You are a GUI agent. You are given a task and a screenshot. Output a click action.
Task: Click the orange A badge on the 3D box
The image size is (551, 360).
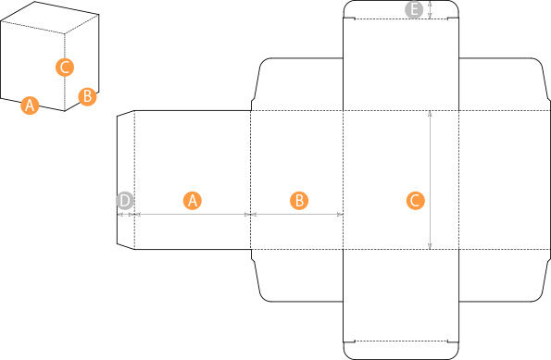coord(30,105)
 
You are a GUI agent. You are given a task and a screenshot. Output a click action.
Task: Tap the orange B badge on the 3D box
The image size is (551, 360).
coord(87,96)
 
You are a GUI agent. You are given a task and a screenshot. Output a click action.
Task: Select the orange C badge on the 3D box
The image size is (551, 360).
coord(65,67)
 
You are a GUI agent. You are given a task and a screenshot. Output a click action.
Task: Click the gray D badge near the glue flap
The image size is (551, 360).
coord(125,201)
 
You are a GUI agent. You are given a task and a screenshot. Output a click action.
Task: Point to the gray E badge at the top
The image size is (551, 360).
coord(414,9)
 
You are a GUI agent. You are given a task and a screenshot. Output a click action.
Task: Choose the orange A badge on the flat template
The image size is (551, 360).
coord(193,201)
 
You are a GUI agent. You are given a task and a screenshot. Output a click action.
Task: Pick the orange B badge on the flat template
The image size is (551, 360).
coord(299,201)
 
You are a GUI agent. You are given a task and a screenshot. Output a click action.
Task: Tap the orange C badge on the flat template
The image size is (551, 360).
coord(416,201)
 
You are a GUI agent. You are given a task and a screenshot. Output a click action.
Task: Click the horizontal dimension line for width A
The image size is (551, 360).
coord(193,215)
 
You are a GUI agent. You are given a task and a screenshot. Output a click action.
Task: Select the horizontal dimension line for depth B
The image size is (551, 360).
coord(297,215)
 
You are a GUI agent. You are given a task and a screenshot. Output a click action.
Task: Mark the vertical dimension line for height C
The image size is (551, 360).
coord(430,180)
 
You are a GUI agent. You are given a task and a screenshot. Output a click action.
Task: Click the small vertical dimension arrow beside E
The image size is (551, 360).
coord(430,9)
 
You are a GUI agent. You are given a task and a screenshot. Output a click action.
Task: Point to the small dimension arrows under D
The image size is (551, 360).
coord(126,215)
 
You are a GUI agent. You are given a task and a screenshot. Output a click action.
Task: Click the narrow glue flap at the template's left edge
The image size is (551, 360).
coord(126,180)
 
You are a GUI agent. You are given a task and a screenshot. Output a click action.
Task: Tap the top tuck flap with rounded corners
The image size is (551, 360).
coord(401,9)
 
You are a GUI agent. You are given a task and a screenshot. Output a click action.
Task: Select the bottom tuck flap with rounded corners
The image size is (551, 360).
coord(401,350)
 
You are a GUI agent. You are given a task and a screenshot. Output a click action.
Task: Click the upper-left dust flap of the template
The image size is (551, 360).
coord(297,84)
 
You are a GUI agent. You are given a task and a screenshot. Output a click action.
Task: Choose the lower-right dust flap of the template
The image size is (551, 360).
coord(505,276)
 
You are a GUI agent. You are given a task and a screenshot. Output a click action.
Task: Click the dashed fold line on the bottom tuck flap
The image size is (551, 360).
coord(401,341)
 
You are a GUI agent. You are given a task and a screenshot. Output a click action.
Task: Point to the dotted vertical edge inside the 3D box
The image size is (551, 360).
coord(65,72)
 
